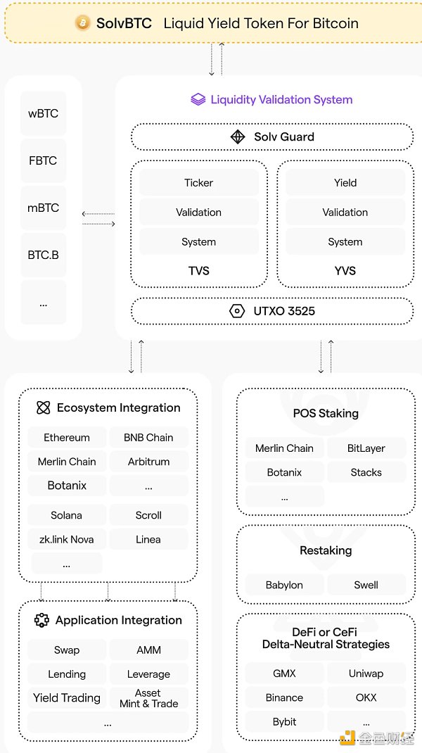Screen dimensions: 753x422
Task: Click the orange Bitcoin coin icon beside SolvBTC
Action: click(x=83, y=23)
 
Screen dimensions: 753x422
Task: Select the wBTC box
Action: click(x=43, y=113)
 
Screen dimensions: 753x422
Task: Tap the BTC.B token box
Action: click(x=43, y=255)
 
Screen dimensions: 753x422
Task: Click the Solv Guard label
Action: click(x=284, y=137)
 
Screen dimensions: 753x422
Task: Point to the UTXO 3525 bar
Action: click(x=272, y=310)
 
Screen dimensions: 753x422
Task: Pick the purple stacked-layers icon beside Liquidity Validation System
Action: click(x=198, y=99)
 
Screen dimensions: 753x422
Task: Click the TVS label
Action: click(x=199, y=271)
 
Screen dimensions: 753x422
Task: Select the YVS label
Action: click(x=345, y=271)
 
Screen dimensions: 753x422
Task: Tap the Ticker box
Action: click(x=199, y=183)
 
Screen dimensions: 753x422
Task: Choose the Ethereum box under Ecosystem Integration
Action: click(x=67, y=437)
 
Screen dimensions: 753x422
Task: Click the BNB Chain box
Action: click(x=148, y=437)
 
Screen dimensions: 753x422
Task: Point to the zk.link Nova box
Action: click(x=67, y=539)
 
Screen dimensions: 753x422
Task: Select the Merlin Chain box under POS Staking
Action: click(x=284, y=448)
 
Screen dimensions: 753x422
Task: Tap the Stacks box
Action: click(x=366, y=472)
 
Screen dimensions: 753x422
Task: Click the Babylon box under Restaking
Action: click(x=284, y=585)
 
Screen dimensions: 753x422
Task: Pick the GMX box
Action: click(x=284, y=673)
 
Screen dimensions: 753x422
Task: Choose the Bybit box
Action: click(x=284, y=721)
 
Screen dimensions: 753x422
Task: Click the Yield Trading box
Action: click(x=67, y=698)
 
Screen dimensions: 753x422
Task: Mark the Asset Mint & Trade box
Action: click(x=148, y=698)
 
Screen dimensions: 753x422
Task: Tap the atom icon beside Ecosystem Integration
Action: click(x=44, y=408)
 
